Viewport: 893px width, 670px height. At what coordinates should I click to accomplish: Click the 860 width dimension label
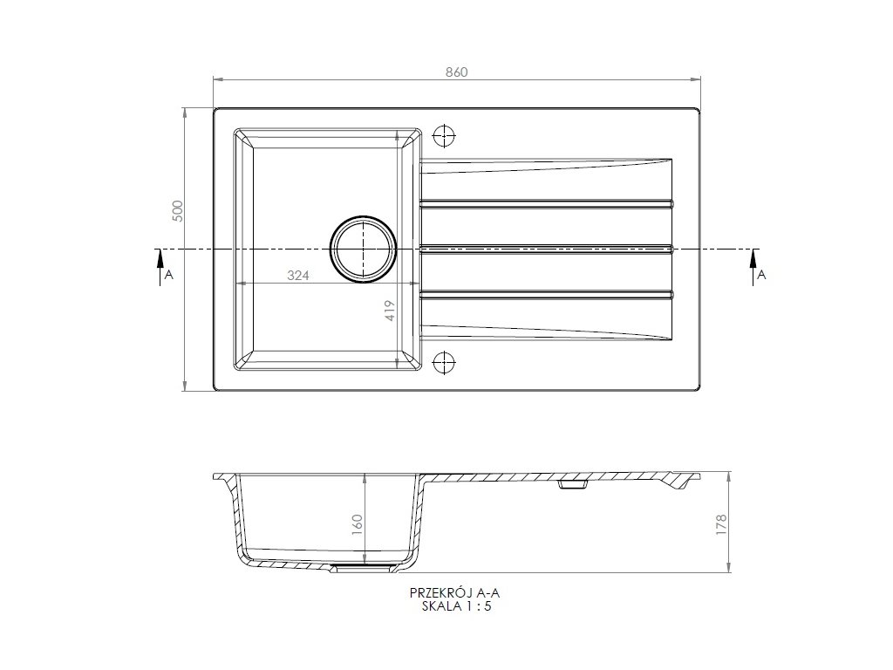pyautogui.click(x=456, y=72)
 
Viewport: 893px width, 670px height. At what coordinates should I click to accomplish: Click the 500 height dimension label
pyautogui.click(x=178, y=211)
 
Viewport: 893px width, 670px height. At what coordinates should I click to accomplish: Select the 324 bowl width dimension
pyautogui.click(x=298, y=276)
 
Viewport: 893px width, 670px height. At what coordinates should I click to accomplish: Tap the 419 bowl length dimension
pyautogui.click(x=390, y=311)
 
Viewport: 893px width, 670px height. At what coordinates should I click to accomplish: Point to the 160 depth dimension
pyautogui.click(x=357, y=525)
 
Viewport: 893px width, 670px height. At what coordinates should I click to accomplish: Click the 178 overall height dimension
pyautogui.click(x=721, y=524)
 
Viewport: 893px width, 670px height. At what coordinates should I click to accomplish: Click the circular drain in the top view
pyautogui.click(x=363, y=250)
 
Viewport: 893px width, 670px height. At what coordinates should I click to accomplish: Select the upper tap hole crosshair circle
pyautogui.click(x=444, y=135)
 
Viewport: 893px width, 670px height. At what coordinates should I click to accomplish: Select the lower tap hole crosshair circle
pyautogui.click(x=444, y=362)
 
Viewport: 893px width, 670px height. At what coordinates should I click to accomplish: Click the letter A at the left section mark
pyautogui.click(x=168, y=275)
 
